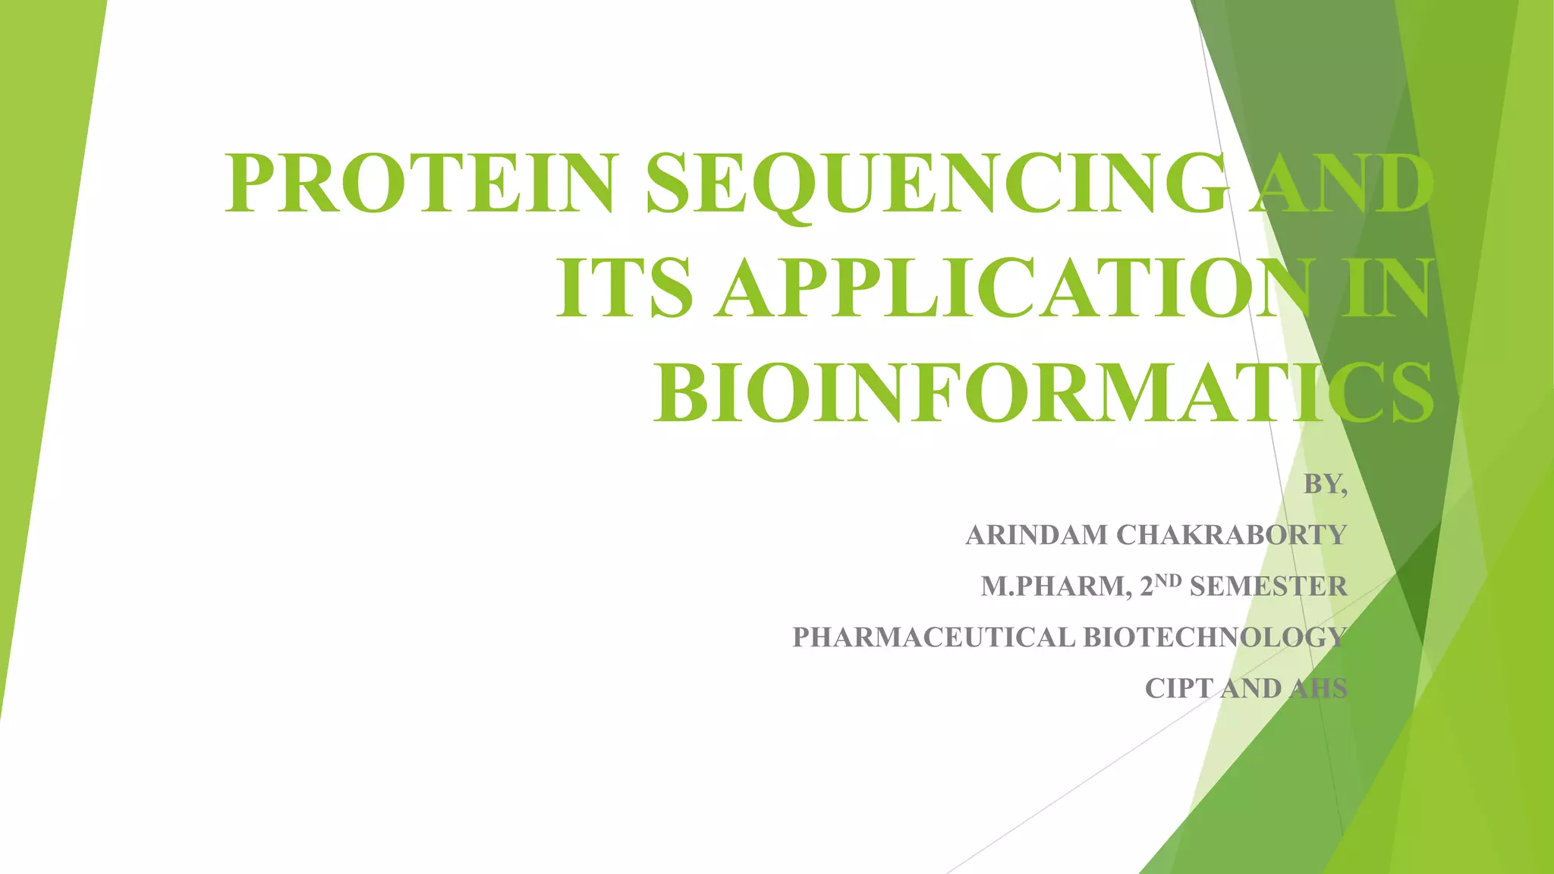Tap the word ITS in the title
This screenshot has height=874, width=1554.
[624, 288]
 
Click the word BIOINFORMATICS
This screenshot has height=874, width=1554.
[1043, 393]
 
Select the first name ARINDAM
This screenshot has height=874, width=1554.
[1037, 535]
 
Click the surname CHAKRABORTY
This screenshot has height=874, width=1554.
[1232, 535]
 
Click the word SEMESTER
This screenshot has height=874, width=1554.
[1269, 586]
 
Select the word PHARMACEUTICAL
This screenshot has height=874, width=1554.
[933, 637]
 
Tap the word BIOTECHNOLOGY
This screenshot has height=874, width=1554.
[1214, 637]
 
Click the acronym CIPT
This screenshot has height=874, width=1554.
[1179, 688]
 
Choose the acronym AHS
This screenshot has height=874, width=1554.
[1319, 688]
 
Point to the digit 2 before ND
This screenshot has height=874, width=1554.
[1147, 586]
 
